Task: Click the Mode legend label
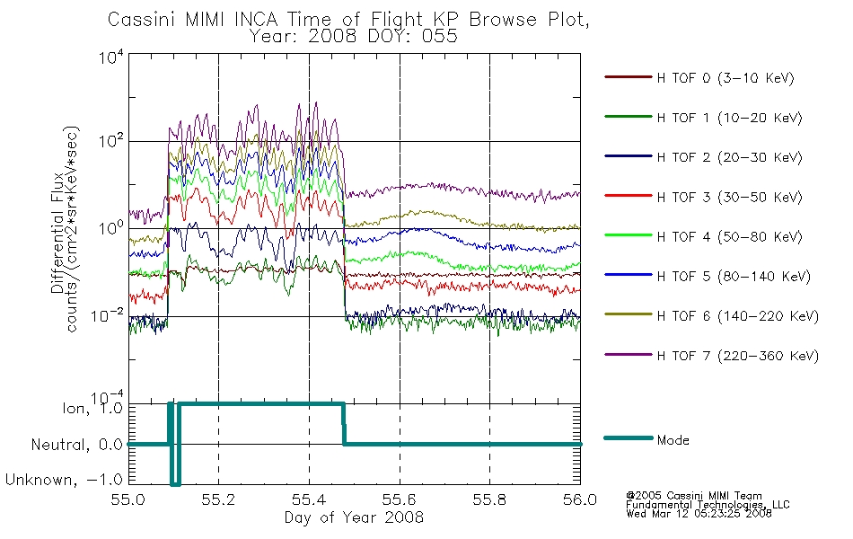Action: click(673, 440)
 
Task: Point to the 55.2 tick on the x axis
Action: click(218, 499)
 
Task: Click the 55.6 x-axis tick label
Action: click(400, 499)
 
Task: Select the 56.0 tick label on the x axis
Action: click(580, 499)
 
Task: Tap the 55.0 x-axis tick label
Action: click(128, 499)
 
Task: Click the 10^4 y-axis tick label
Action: click(111, 57)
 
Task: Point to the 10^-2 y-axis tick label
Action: click(107, 314)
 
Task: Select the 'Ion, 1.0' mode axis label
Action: click(92, 408)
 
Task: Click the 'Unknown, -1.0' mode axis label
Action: click(64, 480)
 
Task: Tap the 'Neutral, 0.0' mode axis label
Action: click(76, 445)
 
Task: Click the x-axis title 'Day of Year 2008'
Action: click(354, 517)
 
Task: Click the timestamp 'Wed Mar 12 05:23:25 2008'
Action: click(699, 513)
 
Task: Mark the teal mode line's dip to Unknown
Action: click(174, 482)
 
